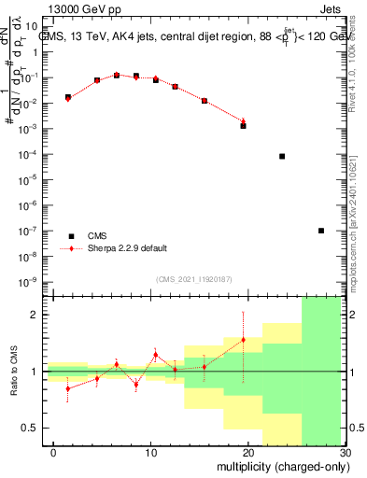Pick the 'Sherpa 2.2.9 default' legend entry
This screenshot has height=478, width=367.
(127, 248)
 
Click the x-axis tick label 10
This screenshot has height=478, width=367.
(150, 452)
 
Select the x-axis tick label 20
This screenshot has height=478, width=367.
(247, 452)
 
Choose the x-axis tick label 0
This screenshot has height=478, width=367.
(53, 452)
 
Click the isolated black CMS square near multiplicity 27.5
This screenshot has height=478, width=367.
(321, 231)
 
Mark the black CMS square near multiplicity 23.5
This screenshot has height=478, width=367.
(282, 156)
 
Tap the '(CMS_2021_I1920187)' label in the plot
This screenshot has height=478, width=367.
(194, 279)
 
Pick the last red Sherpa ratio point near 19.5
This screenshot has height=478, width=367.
(243, 340)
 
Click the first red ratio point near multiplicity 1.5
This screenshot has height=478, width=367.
(68, 388)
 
